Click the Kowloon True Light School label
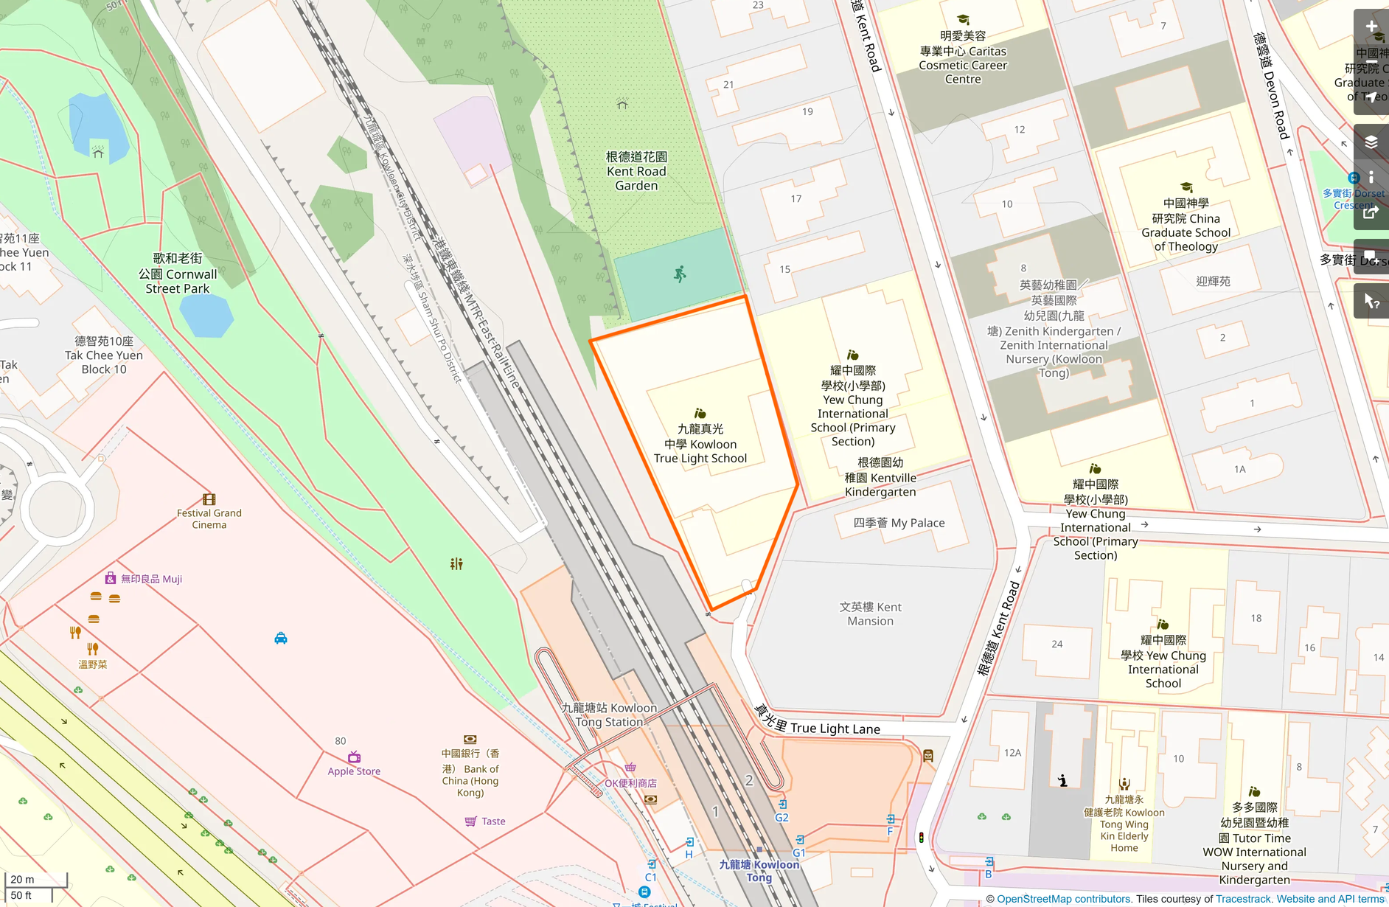point(700,444)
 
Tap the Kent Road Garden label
point(636,171)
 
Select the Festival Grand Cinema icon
point(209,499)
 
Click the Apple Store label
point(354,771)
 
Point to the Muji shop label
point(151,579)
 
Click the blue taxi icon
point(281,638)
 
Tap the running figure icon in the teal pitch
point(680,274)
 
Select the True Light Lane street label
point(818,723)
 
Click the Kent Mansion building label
point(870,614)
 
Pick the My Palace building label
point(899,523)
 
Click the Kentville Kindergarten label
point(880,477)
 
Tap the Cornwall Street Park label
point(178,274)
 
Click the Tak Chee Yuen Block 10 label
point(104,355)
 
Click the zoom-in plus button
point(1371,27)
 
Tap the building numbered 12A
point(1012,753)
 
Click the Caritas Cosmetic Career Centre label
point(963,58)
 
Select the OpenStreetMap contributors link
point(1063,899)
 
